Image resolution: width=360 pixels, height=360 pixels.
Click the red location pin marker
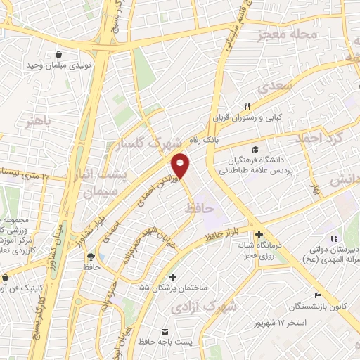click(x=181, y=166)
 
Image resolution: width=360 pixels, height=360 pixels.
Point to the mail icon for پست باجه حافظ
click(x=165, y=331)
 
